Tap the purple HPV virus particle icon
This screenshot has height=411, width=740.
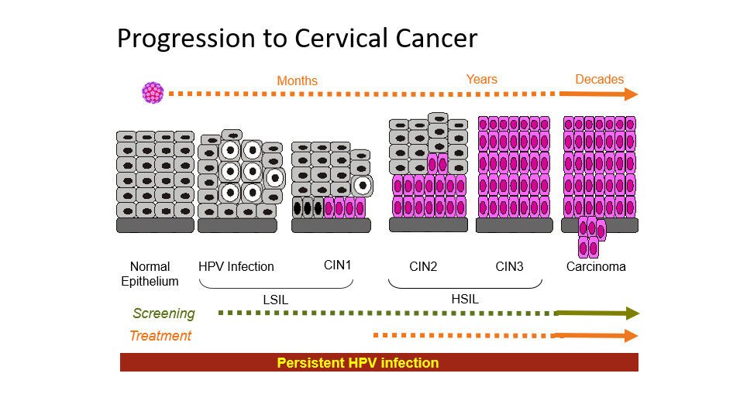coord(153,93)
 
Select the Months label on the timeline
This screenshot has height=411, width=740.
coord(297,80)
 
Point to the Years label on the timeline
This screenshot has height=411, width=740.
coord(481,79)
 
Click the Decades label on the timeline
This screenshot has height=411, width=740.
coord(600,79)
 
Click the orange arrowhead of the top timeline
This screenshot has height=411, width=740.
coord(631,94)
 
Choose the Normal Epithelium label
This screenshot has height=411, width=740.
coord(150,274)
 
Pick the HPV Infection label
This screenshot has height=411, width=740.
coord(236,266)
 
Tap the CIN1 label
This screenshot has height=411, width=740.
coord(337,265)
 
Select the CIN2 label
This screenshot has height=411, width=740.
coord(423,267)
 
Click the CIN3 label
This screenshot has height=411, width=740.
coord(509,267)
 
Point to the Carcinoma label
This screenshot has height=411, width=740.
coord(596,267)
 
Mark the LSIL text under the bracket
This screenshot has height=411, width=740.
coord(276,300)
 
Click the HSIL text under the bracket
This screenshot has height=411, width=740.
coord(465,299)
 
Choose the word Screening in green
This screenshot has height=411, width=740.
coord(163,313)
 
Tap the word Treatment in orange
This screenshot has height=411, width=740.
coord(160,336)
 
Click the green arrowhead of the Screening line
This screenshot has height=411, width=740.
coord(632,313)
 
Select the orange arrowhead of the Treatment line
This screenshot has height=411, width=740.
coord(632,336)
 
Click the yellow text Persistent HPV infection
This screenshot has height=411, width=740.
coord(358,363)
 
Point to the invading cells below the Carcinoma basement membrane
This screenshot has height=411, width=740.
coord(592,238)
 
